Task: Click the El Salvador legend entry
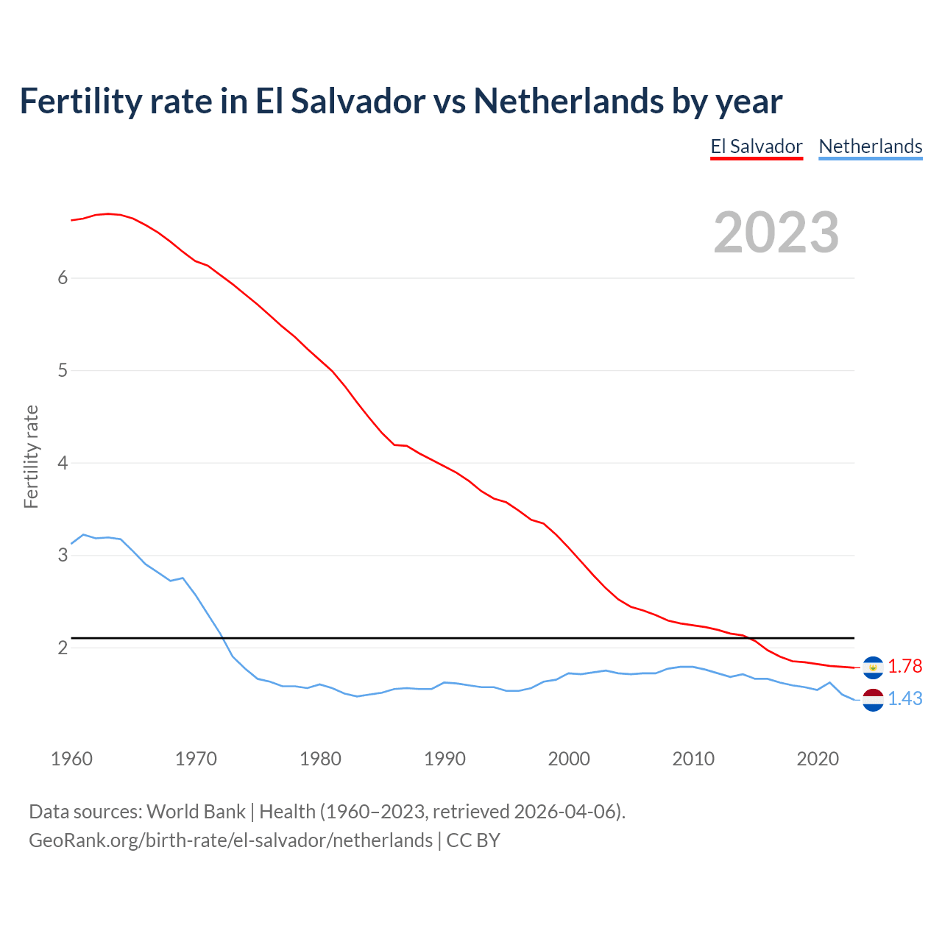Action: tap(756, 146)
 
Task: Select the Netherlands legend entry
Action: tap(870, 146)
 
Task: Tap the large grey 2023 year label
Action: tap(776, 233)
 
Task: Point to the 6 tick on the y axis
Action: tap(63, 277)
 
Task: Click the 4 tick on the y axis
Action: tap(63, 463)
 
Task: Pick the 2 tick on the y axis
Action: tap(63, 648)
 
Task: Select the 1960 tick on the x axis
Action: tap(71, 759)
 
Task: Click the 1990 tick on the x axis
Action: tap(445, 759)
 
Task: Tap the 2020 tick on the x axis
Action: tap(818, 759)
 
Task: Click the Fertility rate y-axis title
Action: tap(31, 456)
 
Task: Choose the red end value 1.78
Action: tap(904, 666)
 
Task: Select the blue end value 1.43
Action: tap(904, 698)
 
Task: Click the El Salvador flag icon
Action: tap(873, 667)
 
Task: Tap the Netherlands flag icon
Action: tap(873, 699)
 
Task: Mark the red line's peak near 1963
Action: tap(108, 213)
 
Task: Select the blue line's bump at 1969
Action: tap(183, 578)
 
